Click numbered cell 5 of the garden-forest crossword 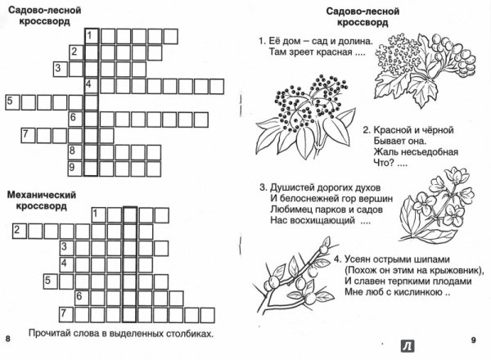click(x=13, y=102)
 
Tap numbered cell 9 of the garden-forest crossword click(x=75, y=169)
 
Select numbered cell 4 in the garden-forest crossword click(x=92, y=86)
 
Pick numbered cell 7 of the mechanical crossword click(x=66, y=315)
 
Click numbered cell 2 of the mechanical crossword click(x=20, y=232)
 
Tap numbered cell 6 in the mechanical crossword click(x=82, y=298)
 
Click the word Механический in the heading click(x=42, y=195)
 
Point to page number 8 click(x=8, y=339)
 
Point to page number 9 click(x=473, y=340)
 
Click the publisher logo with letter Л click(x=408, y=346)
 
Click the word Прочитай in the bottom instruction click(x=49, y=333)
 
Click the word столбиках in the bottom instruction click(x=187, y=334)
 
